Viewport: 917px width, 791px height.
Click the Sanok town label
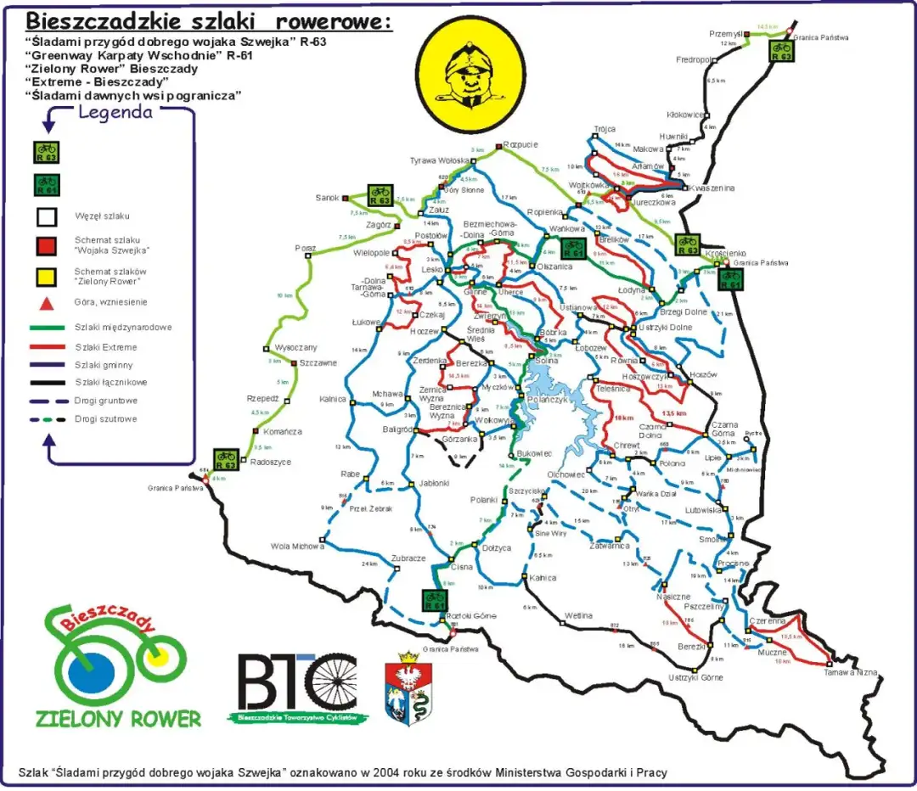click(327, 198)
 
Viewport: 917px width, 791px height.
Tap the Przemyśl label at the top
click(726, 33)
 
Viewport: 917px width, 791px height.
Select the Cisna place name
click(461, 567)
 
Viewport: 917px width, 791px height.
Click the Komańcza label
click(282, 432)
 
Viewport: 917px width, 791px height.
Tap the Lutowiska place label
click(703, 510)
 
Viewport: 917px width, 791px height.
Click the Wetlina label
click(578, 615)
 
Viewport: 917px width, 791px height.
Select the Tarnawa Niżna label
click(850, 672)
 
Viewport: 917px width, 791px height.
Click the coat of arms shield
click(408, 689)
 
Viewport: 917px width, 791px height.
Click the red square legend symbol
click(47, 245)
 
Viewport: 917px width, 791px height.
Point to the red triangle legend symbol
click(48, 303)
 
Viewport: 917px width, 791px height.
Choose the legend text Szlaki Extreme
click(105, 347)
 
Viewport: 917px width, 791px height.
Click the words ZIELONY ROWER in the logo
click(118, 718)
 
